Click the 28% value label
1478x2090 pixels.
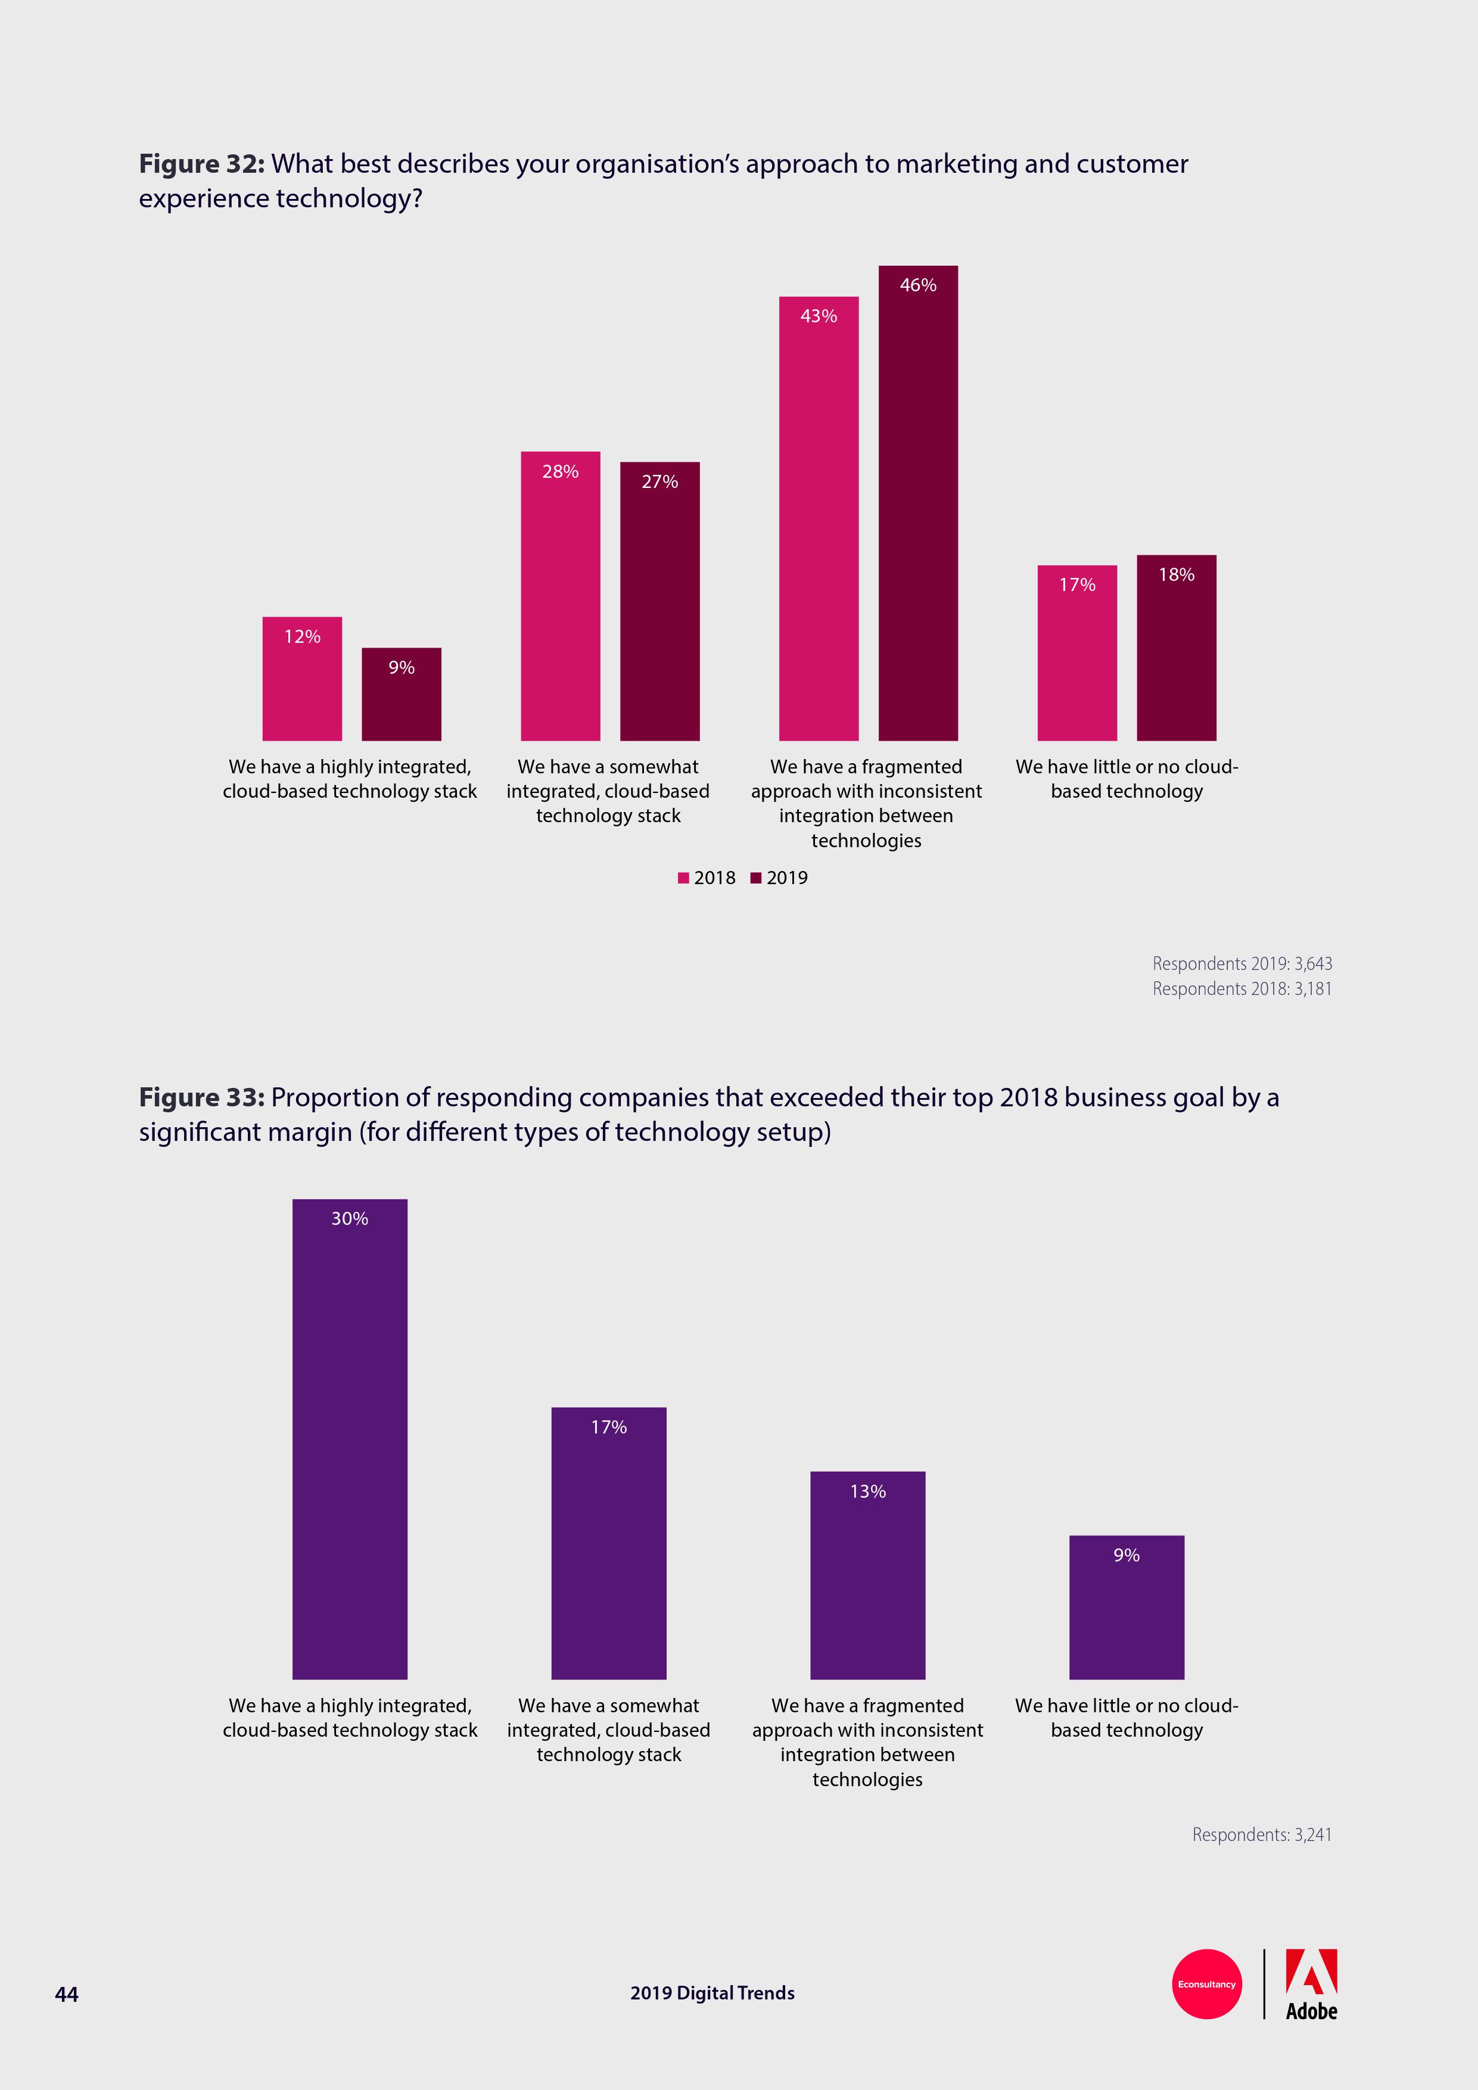click(x=560, y=471)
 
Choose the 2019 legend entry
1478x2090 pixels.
click(x=779, y=878)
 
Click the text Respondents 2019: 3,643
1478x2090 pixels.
click(x=1241, y=963)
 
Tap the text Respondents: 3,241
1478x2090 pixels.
click(x=1261, y=1834)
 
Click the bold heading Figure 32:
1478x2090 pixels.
click(x=201, y=164)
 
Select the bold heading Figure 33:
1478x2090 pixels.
click(x=201, y=1098)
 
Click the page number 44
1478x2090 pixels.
click(x=67, y=1993)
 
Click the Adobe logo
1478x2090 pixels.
click(x=1311, y=1985)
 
